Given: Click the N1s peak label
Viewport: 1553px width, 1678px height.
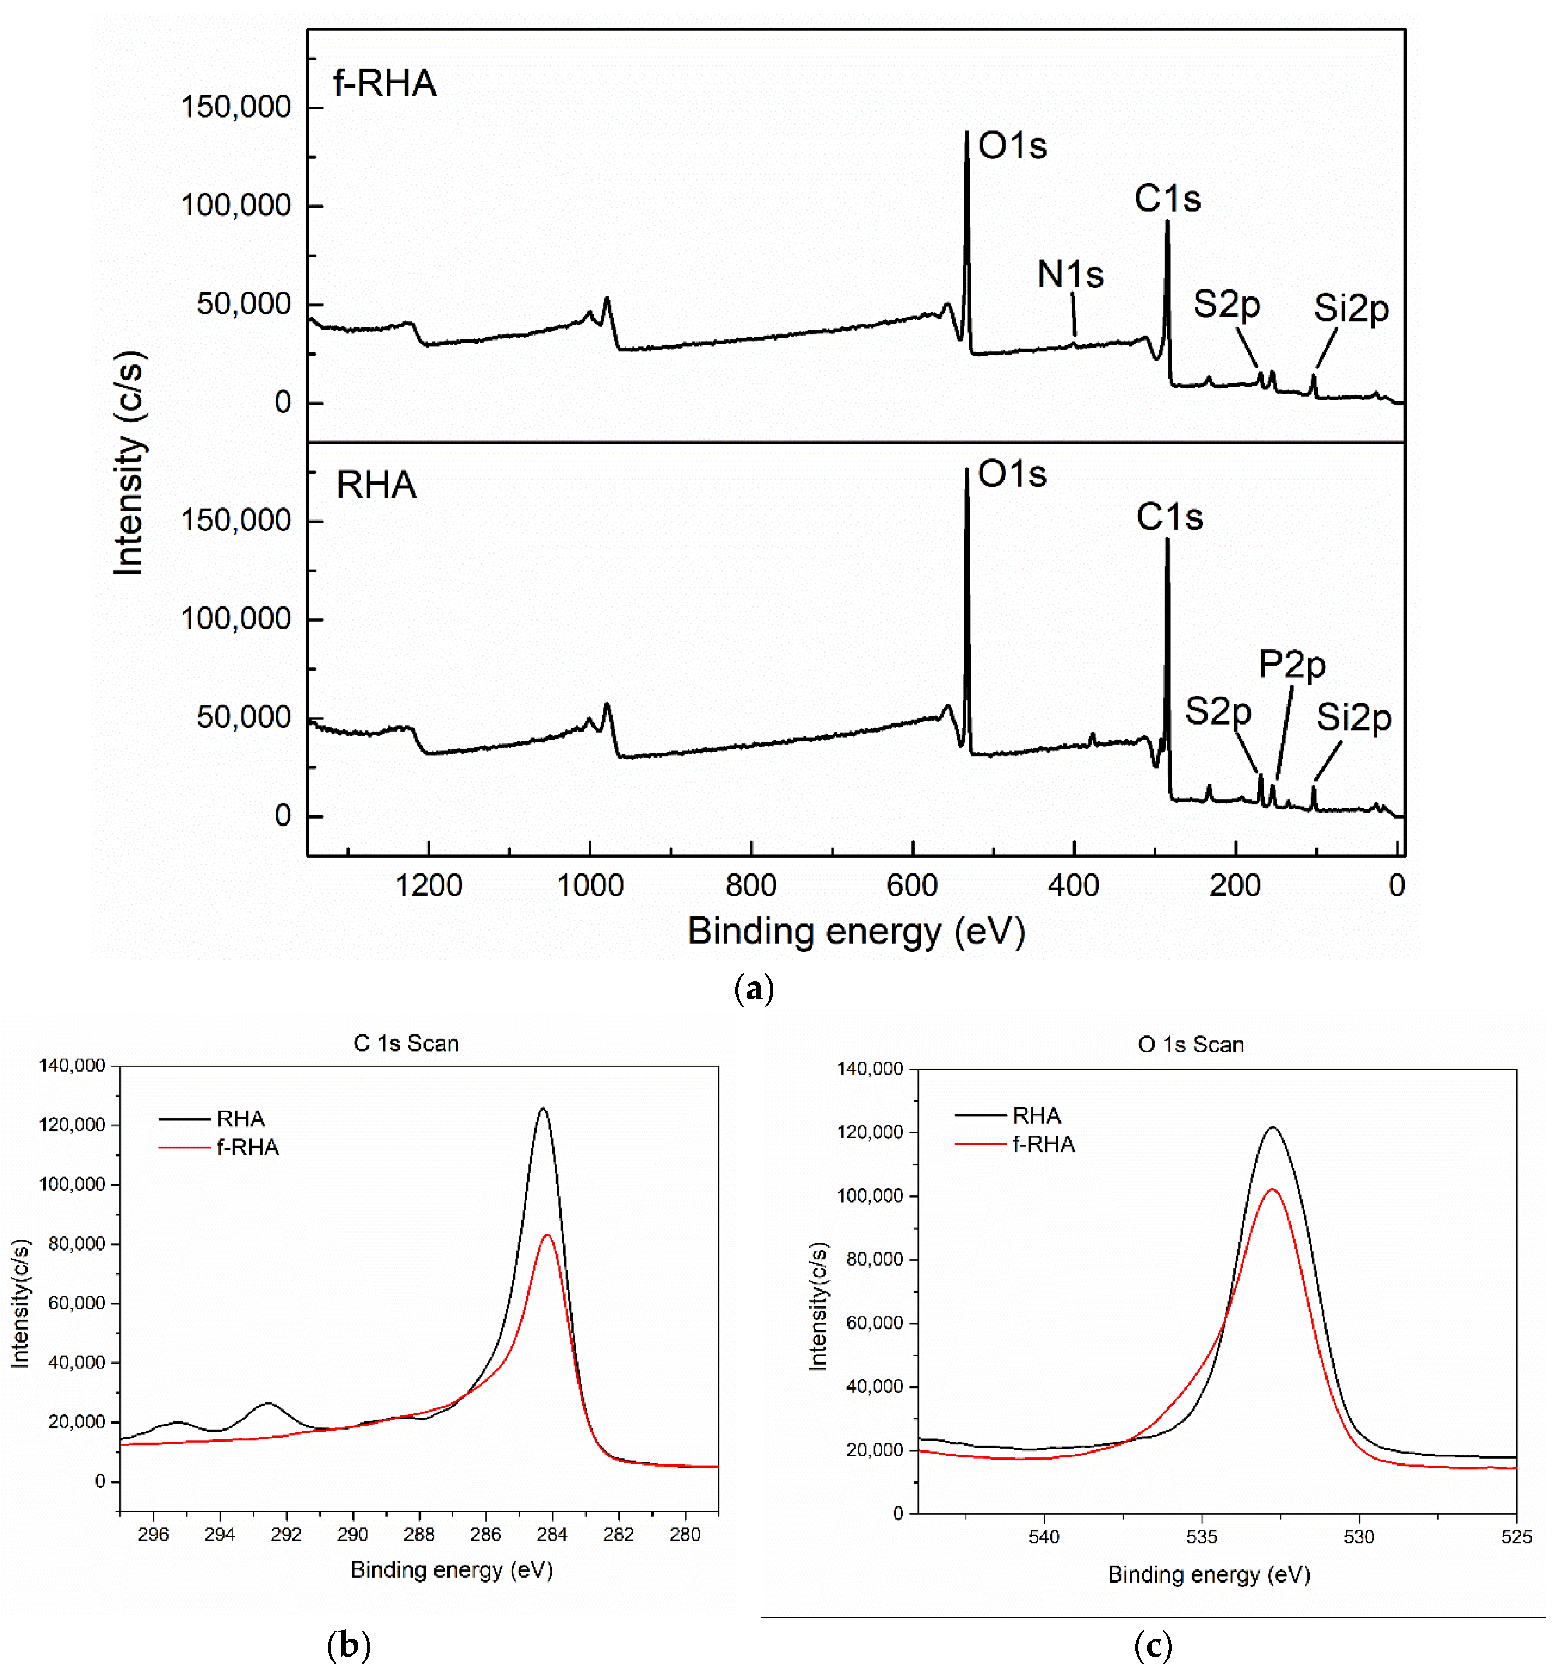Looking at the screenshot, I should pyautogui.click(x=1070, y=274).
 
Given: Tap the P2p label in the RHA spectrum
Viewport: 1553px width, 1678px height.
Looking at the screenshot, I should pyautogui.click(x=1292, y=665).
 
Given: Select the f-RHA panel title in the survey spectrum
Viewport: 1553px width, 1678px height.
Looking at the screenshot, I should pyautogui.click(x=384, y=83).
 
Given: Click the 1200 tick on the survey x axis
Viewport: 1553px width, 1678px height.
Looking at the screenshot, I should pyautogui.click(x=429, y=885).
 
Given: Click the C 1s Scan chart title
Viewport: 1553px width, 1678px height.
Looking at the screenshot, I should pyautogui.click(x=406, y=1043).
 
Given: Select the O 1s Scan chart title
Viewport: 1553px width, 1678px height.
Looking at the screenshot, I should pyautogui.click(x=1191, y=1044).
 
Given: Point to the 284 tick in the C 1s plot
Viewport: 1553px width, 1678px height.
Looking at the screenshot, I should pyautogui.click(x=552, y=1534).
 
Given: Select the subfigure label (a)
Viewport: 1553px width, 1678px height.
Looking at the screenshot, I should pyautogui.click(x=754, y=988).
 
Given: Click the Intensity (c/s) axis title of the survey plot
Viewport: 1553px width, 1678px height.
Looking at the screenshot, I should pyautogui.click(x=129, y=463).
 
